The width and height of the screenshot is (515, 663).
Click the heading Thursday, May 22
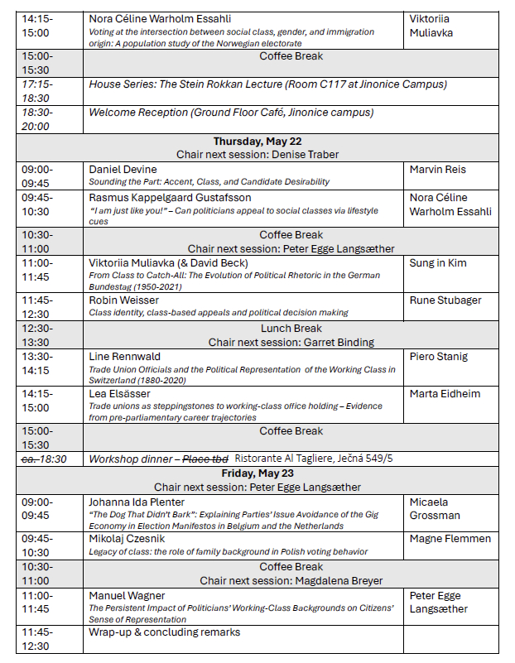257,142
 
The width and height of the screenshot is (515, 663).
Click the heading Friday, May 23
257,473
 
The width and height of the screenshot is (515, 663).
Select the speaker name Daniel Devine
123,170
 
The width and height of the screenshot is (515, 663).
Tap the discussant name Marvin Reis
438,170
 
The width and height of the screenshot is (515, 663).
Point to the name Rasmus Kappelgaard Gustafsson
170,198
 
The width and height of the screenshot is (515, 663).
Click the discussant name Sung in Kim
438,263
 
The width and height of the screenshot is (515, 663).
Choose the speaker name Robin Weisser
125,300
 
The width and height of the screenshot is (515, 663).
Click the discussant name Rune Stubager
445,300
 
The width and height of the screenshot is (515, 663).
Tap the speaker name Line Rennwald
124,357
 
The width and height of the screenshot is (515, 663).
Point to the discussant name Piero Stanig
439,357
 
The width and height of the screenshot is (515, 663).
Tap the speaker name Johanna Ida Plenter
137,502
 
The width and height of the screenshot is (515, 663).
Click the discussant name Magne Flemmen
450,539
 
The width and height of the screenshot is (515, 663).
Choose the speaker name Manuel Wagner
127,595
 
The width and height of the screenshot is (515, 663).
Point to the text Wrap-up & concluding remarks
164,632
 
